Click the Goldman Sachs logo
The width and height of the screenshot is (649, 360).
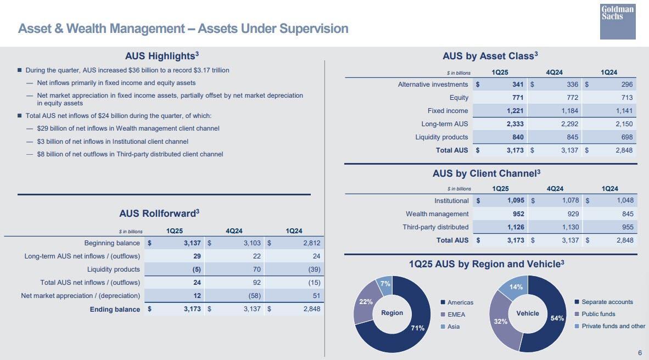[x=618, y=21]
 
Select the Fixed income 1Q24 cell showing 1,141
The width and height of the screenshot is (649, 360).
[x=624, y=111]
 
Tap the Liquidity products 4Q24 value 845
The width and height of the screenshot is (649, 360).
[x=571, y=137]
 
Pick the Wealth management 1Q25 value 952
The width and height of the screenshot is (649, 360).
[x=518, y=214]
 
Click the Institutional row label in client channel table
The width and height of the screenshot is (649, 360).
[x=451, y=201]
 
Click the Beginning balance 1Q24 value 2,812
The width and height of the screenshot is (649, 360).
[x=311, y=243]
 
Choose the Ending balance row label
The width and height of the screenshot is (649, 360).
[x=115, y=310]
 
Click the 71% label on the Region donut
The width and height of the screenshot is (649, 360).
[x=418, y=328]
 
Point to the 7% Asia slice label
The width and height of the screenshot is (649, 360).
[x=385, y=284]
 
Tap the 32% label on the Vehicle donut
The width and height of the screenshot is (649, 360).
[x=500, y=322]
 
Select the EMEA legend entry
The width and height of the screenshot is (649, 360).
[x=456, y=314]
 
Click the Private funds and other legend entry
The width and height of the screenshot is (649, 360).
[x=613, y=326]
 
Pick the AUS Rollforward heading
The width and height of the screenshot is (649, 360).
[x=159, y=213]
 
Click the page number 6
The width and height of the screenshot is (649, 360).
[x=640, y=353]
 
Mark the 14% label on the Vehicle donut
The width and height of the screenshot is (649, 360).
[x=516, y=287]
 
